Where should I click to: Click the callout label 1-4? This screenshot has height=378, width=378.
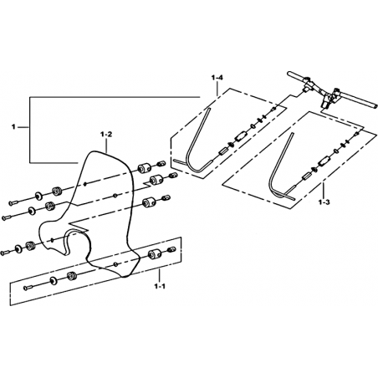pyautogui.click(x=217, y=78)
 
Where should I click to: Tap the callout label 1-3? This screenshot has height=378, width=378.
pyautogui.click(x=324, y=202)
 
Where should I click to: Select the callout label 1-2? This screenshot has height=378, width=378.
pyautogui.click(x=106, y=135)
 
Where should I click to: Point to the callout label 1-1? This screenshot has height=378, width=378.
pyautogui.click(x=160, y=286)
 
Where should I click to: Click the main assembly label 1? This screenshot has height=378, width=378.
pyautogui.click(x=13, y=127)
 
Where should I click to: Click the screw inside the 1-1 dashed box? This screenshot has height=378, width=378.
pyautogui.click(x=29, y=287)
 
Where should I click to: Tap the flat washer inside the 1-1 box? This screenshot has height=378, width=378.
pyautogui.click(x=53, y=280)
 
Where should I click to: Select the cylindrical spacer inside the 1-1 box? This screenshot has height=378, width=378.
pyautogui.click(x=153, y=254)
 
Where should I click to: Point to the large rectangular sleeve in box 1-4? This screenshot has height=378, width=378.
pyautogui.click(x=240, y=137)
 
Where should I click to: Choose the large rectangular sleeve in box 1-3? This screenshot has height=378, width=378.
pyautogui.click(x=324, y=161)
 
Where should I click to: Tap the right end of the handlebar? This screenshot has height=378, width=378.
pyautogui.click(x=375, y=106)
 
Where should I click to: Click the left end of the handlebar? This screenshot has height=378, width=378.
pyautogui.click(x=290, y=74)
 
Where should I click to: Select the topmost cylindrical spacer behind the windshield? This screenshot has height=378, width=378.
pyautogui.click(x=144, y=168)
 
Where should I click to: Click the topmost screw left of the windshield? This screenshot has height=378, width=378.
pyautogui.click(x=14, y=202)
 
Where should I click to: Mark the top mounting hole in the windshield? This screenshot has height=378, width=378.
pyautogui.click(x=85, y=184)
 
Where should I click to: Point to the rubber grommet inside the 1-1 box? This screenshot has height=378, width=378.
pyautogui.click(x=72, y=276)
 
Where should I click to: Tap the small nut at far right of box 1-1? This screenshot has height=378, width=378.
pyautogui.click(x=171, y=248)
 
